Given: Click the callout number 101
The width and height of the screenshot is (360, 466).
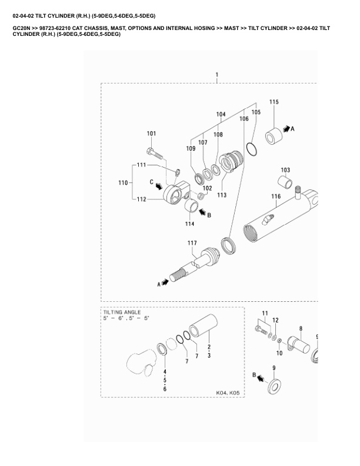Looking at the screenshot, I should (x=151, y=134).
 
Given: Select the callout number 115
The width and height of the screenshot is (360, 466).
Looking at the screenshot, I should (x=274, y=102).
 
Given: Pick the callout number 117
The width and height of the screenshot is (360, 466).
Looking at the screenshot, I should (x=192, y=243).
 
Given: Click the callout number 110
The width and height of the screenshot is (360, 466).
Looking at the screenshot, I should (x=123, y=184).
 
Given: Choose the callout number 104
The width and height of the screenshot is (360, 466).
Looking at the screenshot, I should (x=221, y=114).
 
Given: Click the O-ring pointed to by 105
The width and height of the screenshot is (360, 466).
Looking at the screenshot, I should (x=251, y=149).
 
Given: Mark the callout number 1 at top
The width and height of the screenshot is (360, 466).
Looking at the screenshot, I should (x=217, y=75).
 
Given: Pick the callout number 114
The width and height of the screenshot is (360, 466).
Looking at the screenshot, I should (x=189, y=224).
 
